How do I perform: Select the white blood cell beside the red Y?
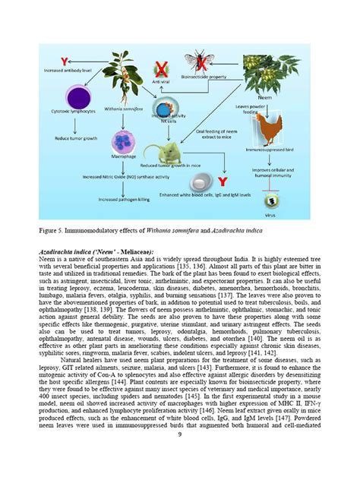coord(201,182)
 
